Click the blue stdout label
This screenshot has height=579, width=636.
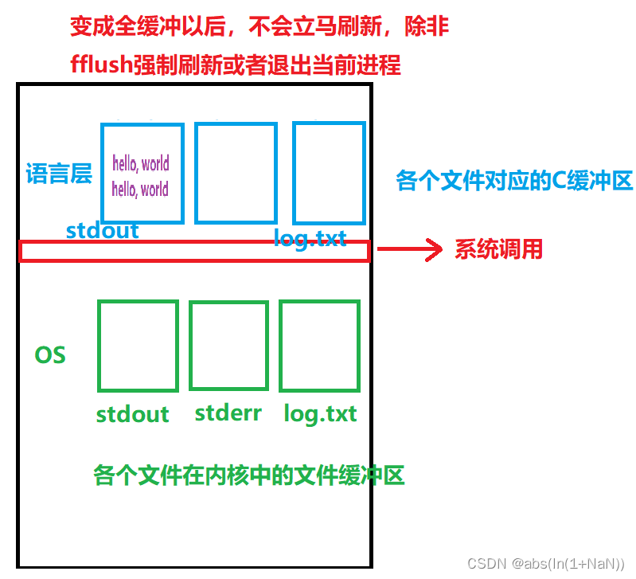(102, 231)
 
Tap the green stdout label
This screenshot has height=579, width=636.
(132, 414)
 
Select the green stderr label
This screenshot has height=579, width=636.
(228, 413)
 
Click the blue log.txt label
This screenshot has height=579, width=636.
(310, 237)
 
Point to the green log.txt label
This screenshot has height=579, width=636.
(320, 414)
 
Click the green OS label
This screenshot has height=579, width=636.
(50, 355)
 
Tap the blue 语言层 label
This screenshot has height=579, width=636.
(59, 174)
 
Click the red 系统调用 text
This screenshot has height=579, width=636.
(498, 250)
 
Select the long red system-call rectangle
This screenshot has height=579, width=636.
(194, 252)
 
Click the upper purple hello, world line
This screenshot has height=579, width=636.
(141, 164)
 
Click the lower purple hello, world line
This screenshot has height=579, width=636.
(141, 189)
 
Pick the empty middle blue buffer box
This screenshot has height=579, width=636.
(236, 173)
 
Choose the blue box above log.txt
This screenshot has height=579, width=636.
(329, 173)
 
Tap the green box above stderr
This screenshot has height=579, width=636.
(228, 346)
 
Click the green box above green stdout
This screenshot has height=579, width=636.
(138, 346)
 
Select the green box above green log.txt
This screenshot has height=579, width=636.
(319, 346)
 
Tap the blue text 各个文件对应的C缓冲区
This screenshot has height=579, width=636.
(514, 182)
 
